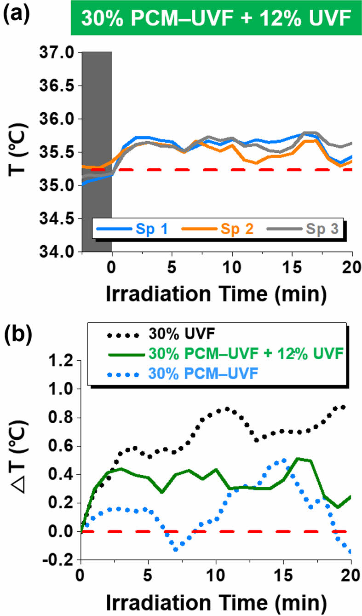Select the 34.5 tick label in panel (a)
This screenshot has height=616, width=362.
57,219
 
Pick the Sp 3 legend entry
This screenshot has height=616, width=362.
308,229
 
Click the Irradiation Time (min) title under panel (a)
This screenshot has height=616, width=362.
216,293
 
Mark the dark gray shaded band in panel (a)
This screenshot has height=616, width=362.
97,152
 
